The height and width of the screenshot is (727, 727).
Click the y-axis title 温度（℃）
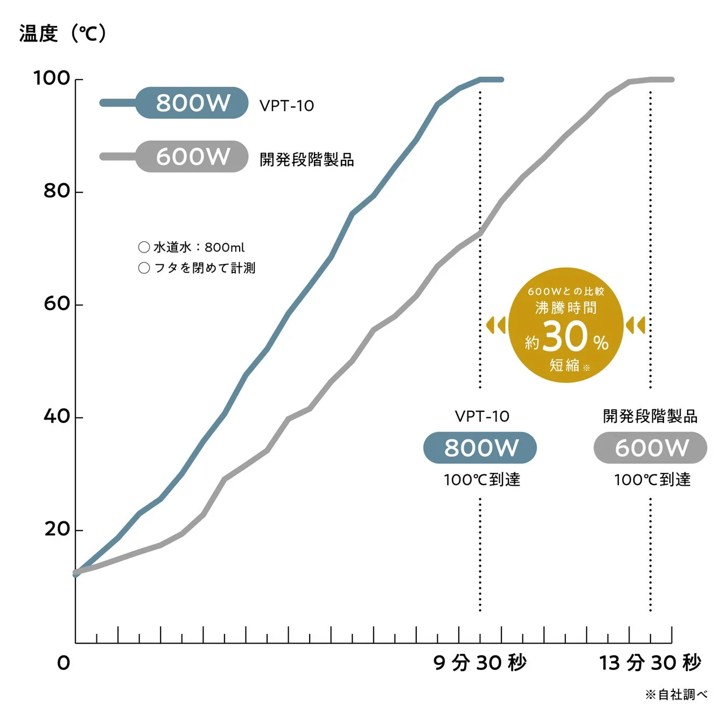click(63, 33)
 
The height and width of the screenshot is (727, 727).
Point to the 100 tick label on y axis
click(52, 78)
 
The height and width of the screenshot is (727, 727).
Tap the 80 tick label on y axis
click(57, 191)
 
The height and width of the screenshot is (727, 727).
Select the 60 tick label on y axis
click(57, 304)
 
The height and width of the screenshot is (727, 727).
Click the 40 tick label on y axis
click(57, 416)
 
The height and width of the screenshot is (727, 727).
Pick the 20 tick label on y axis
click(57, 529)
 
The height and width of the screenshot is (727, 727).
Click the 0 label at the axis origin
click(64, 663)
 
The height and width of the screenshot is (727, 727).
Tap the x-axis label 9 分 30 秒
click(480, 662)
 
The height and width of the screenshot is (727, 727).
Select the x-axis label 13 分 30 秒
click(650, 662)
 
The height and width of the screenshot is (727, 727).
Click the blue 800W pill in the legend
click(192, 103)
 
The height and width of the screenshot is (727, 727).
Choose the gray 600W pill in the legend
click(192, 157)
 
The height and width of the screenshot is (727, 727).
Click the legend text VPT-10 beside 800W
click(286, 106)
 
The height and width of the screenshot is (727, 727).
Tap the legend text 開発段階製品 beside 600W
click(306, 159)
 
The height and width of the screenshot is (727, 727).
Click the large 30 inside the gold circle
click(564, 337)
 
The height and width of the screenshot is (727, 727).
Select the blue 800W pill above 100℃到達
click(480, 448)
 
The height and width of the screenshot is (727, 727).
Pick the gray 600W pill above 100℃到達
click(651, 448)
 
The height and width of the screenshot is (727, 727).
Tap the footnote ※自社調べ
click(676, 695)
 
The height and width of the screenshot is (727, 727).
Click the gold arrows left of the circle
click(495, 325)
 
